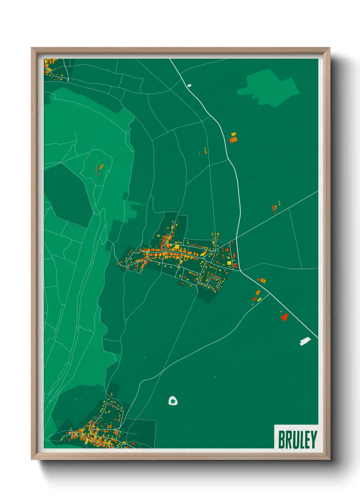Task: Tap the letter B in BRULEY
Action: [x=282, y=440]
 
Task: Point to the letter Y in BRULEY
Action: [x=313, y=440]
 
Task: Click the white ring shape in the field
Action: [x=173, y=401]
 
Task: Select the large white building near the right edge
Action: [x=305, y=341]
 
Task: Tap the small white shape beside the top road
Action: [x=190, y=85]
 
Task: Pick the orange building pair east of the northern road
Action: [x=233, y=138]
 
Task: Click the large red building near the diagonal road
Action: [x=284, y=317]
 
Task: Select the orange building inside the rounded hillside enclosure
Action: [x=101, y=167]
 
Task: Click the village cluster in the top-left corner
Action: [x=53, y=68]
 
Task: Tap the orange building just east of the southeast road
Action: [x=262, y=281]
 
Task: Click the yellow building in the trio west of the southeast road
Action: [x=259, y=299]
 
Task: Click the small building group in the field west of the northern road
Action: [x=204, y=151]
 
